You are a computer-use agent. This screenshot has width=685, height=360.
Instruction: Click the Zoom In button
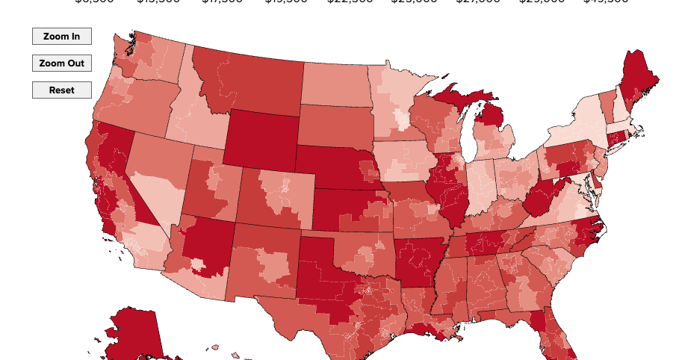pyautogui.click(x=61, y=36)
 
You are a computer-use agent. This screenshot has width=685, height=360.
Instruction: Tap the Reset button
pyautogui.click(x=61, y=90)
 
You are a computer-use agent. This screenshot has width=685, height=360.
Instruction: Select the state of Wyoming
pyautogui.click(x=261, y=139)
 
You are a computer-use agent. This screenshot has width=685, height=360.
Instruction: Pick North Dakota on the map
pyautogui.click(x=335, y=84)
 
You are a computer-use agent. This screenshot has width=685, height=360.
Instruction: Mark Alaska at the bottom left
pyautogui.click(x=134, y=336)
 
